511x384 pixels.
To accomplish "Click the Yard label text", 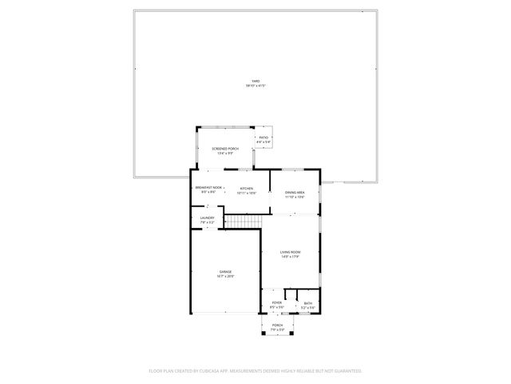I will tap(255, 81).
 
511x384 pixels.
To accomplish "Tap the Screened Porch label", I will tap(225, 149).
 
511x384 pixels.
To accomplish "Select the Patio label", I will tap(263, 138).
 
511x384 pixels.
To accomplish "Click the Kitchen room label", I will tap(247, 189).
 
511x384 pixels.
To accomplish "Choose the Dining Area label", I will tap(295, 192).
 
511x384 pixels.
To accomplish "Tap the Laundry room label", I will tap(207, 218).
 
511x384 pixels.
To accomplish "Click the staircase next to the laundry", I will tap(243, 221).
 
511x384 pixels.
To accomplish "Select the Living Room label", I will tap(290, 253).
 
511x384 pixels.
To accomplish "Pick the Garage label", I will tap(225, 272).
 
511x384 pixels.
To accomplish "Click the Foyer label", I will tap(276, 302).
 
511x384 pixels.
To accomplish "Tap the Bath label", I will tap(308, 303).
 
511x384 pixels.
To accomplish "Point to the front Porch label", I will tap(278, 325).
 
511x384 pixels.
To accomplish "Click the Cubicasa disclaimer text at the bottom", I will tap(255, 370).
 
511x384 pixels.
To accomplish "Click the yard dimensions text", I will tap(255, 85).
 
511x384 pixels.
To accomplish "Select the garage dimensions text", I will tap(225, 277).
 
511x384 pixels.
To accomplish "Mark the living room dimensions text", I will tap(290, 258).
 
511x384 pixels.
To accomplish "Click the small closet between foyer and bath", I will tap(291, 294).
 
